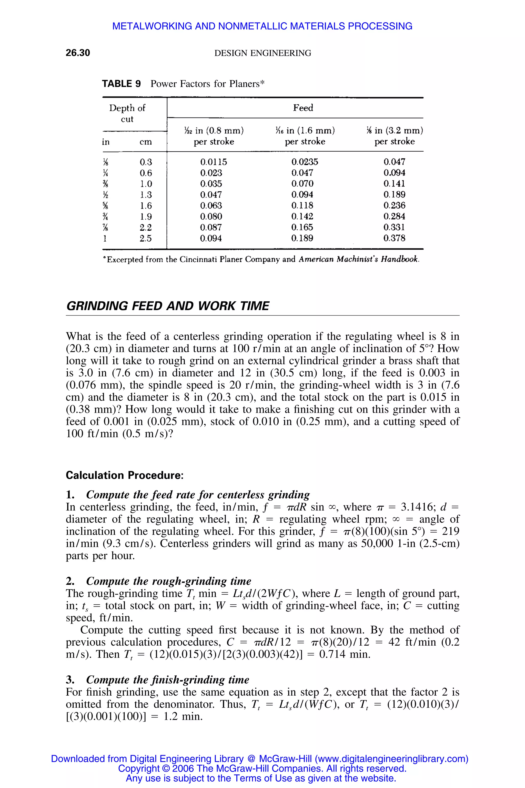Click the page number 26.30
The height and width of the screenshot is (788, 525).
pos(78,53)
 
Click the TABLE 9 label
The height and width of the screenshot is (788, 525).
pos(121,84)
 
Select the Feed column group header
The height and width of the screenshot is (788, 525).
pos(303,108)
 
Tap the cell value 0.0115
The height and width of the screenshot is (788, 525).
pos(213,162)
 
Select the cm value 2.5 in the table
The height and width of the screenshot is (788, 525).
pos(146,239)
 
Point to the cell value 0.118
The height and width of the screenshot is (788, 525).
pos(302,206)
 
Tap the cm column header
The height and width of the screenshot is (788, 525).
pos(146,142)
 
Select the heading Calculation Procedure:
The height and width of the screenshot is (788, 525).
pos(125,475)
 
